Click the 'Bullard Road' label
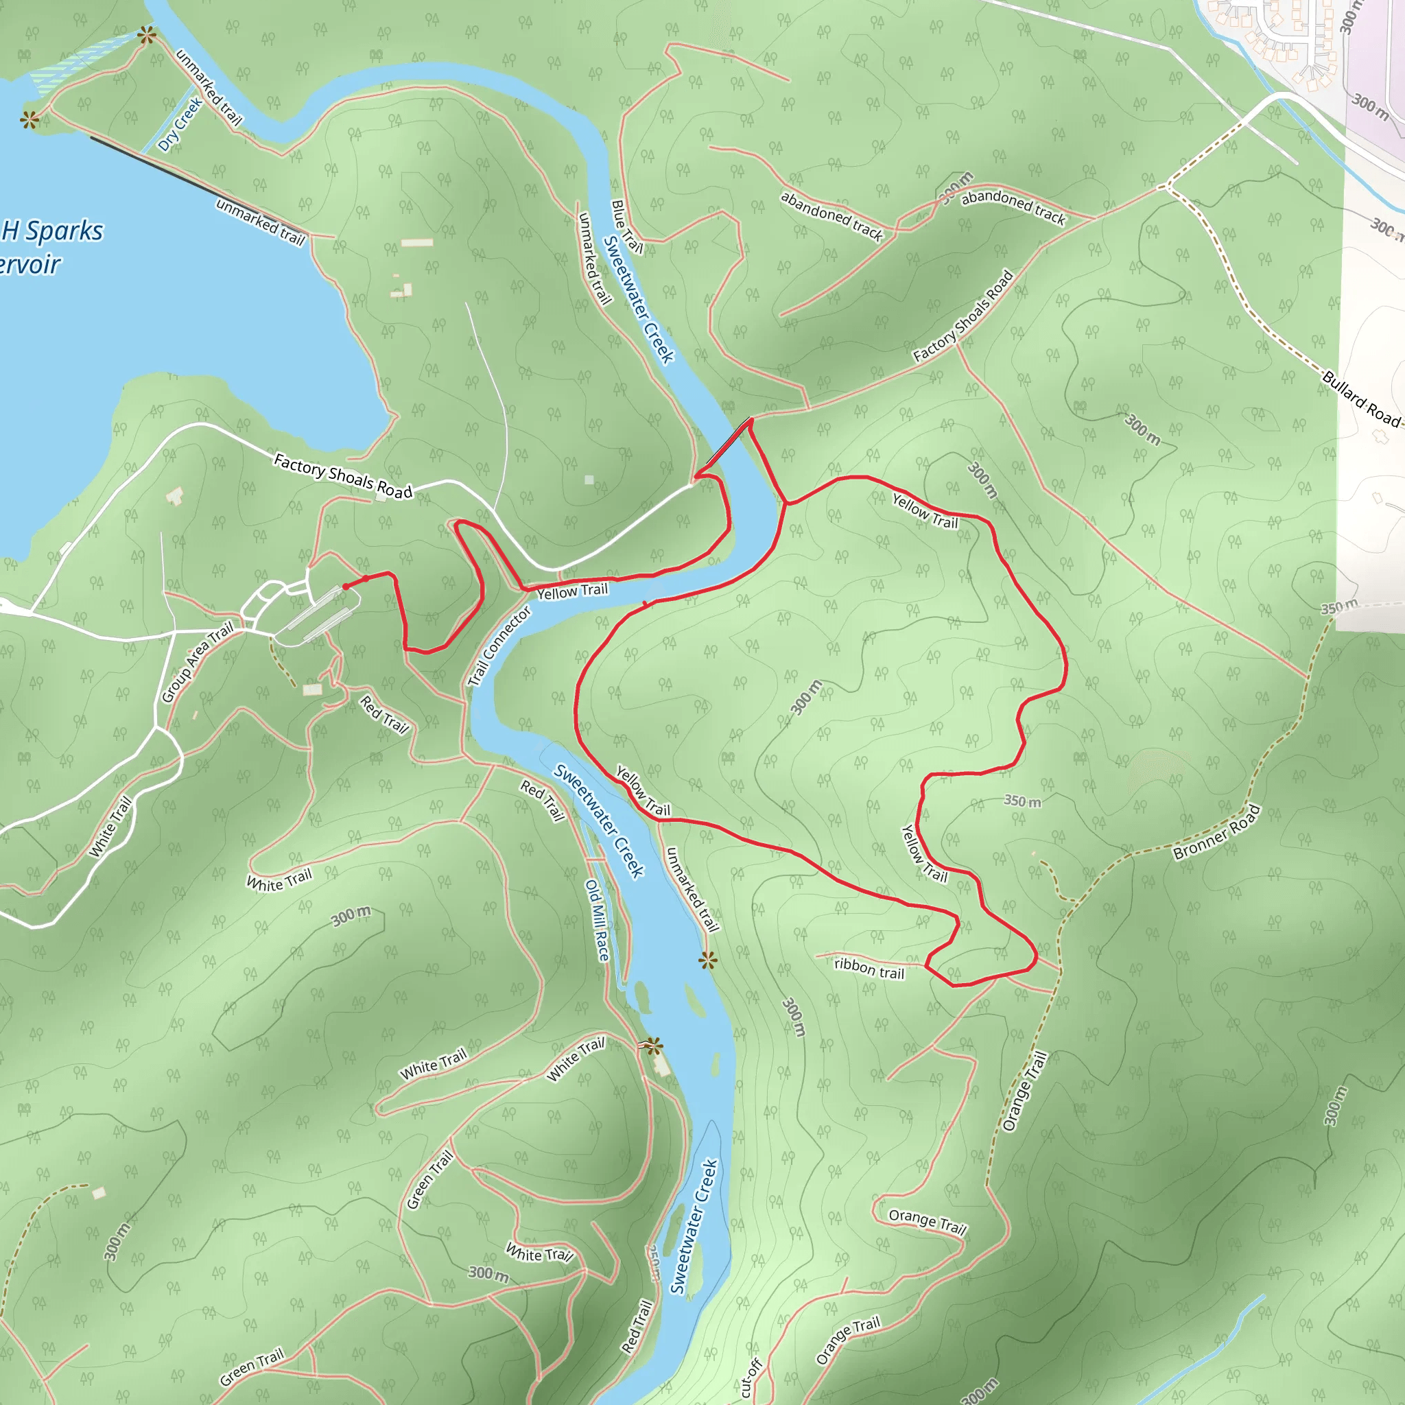(1360, 399)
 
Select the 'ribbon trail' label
(869, 969)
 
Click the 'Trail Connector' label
(499, 646)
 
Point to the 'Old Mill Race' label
(597, 920)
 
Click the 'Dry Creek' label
(180, 125)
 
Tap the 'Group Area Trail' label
(197, 662)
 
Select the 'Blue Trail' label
(627, 227)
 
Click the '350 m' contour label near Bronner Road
(1022, 801)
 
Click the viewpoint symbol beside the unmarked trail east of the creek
(707, 960)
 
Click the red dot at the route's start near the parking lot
(346, 586)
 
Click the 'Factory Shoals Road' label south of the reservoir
(342, 476)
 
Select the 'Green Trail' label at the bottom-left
(252, 1367)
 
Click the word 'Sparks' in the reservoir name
(64, 231)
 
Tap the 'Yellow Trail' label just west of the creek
(571, 591)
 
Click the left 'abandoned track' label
(831, 215)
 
